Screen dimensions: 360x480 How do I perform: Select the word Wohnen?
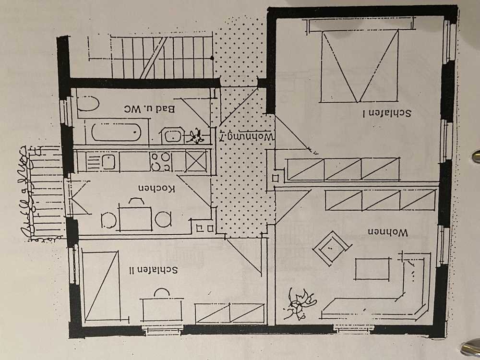coord(388,232)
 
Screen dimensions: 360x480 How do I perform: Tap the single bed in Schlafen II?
coord(101,286)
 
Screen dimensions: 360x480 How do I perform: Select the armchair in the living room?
coord(330,247)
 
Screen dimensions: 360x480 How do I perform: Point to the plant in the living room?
coord(299,304)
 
